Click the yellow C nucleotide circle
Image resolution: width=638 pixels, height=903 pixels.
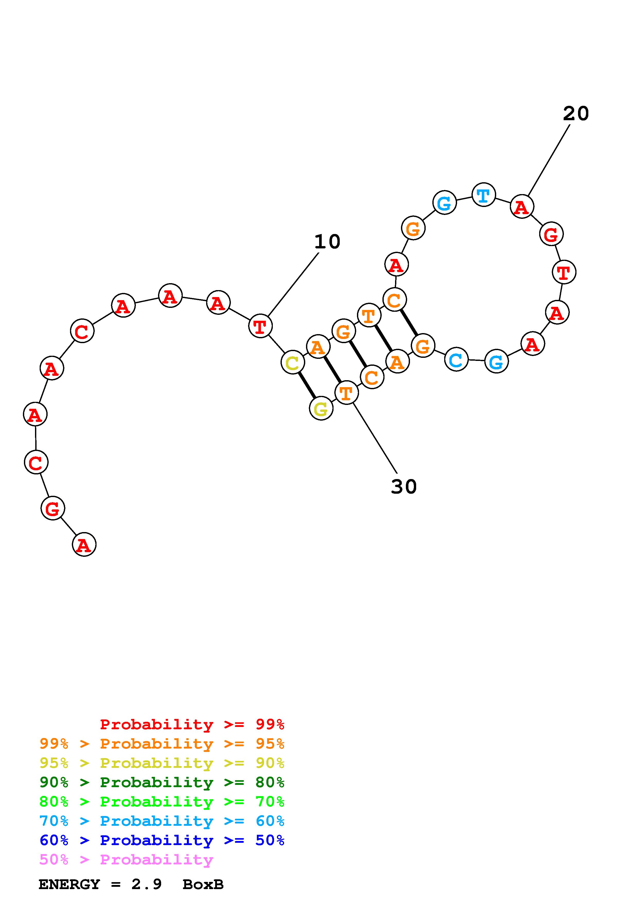click(x=292, y=362)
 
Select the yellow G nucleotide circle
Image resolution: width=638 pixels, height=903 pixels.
click(x=321, y=409)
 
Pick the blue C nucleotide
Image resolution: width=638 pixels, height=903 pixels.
click(x=456, y=359)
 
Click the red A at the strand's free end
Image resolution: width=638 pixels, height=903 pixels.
click(x=84, y=544)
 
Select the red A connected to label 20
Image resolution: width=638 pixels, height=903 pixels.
click(x=522, y=206)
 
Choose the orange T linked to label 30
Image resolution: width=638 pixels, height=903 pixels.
click(x=346, y=393)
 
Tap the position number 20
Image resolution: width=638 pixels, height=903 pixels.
click(x=576, y=114)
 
